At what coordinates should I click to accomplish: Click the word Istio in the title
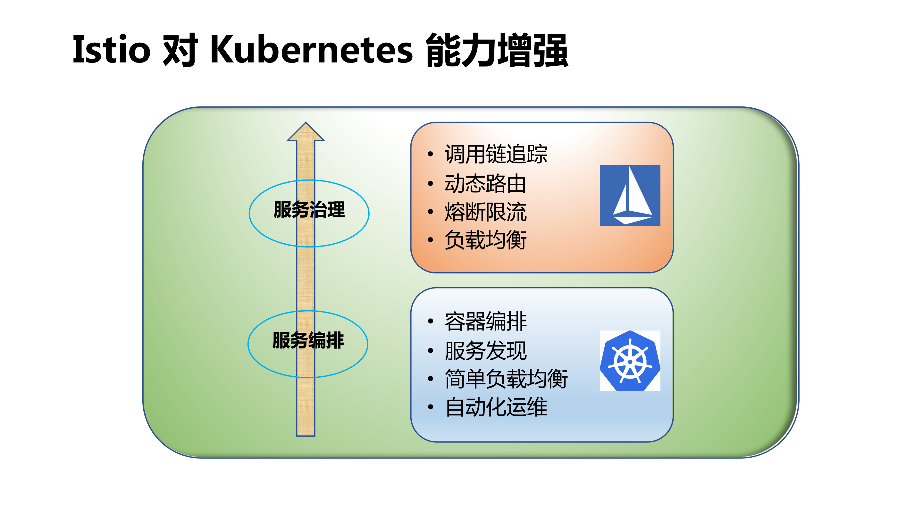point(112,50)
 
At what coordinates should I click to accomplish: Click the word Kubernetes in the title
point(311,50)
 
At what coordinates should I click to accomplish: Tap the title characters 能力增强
point(497,50)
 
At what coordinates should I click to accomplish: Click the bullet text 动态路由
point(485,184)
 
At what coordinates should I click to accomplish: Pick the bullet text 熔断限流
point(485,212)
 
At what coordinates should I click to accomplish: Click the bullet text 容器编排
point(485,322)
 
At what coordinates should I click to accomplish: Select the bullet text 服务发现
point(485,351)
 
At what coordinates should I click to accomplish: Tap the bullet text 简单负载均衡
point(506,379)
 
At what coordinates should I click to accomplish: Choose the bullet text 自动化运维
point(496,407)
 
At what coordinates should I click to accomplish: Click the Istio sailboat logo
point(630,195)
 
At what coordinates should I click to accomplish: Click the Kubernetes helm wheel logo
point(630,361)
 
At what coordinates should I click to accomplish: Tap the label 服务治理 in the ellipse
point(309,210)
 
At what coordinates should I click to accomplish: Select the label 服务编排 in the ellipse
point(308,340)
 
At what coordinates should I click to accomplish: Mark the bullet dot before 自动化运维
point(430,407)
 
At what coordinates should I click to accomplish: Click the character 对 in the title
point(180,50)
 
